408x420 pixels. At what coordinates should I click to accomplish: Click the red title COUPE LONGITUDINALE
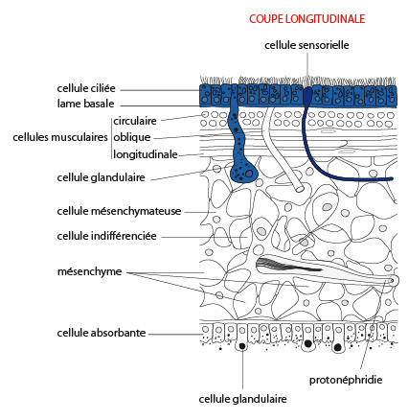click(x=306, y=19)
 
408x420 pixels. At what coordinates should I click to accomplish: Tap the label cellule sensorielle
click(x=306, y=45)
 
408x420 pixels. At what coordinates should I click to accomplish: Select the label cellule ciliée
click(x=86, y=88)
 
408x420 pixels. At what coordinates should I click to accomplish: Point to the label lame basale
click(x=85, y=104)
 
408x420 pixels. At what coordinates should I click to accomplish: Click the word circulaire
click(x=135, y=121)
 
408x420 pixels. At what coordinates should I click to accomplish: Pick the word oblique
click(x=132, y=137)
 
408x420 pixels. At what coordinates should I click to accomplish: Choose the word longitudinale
click(x=146, y=154)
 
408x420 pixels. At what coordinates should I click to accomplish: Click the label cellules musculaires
click(x=60, y=137)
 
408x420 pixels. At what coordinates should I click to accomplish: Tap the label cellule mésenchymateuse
click(x=119, y=211)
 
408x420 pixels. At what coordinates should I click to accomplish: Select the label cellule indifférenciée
click(x=106, y=236)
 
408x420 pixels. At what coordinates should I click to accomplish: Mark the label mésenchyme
click(x=89, y=271)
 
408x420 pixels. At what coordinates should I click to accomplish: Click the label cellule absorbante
click(x=102, y=333)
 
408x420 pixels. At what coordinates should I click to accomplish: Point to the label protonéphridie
click(x=346, y=380)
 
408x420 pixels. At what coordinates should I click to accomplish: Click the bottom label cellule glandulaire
click(x=242, y=399)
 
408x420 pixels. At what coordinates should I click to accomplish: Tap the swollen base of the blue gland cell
click(x=243, y=173)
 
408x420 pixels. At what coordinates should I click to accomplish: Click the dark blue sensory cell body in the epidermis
click(x=307, y=95)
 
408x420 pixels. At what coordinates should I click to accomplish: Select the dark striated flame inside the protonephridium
click(x=287, y=265)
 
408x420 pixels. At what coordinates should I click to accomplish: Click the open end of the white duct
click(x=300, y=189)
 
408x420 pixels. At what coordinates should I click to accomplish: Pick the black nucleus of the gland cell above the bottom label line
click(x=242, y=346)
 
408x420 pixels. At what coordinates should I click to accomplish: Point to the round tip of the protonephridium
click(x=393, y=281)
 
